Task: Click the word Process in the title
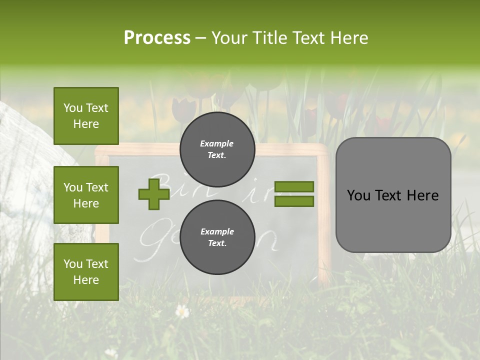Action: [x=157, y=38]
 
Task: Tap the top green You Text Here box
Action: [x=86, y=116]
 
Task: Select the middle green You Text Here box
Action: [x=86, y=195]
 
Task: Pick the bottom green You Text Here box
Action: [x=86, y=272]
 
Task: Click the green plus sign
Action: [x=154, y=194]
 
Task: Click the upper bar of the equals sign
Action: [x=294, y=187]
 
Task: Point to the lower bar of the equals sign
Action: [x=294, y=201]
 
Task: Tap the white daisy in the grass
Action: [x=182, y=311]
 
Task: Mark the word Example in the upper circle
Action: [x=217, y=143]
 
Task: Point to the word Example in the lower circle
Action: [x=217, y=231]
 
